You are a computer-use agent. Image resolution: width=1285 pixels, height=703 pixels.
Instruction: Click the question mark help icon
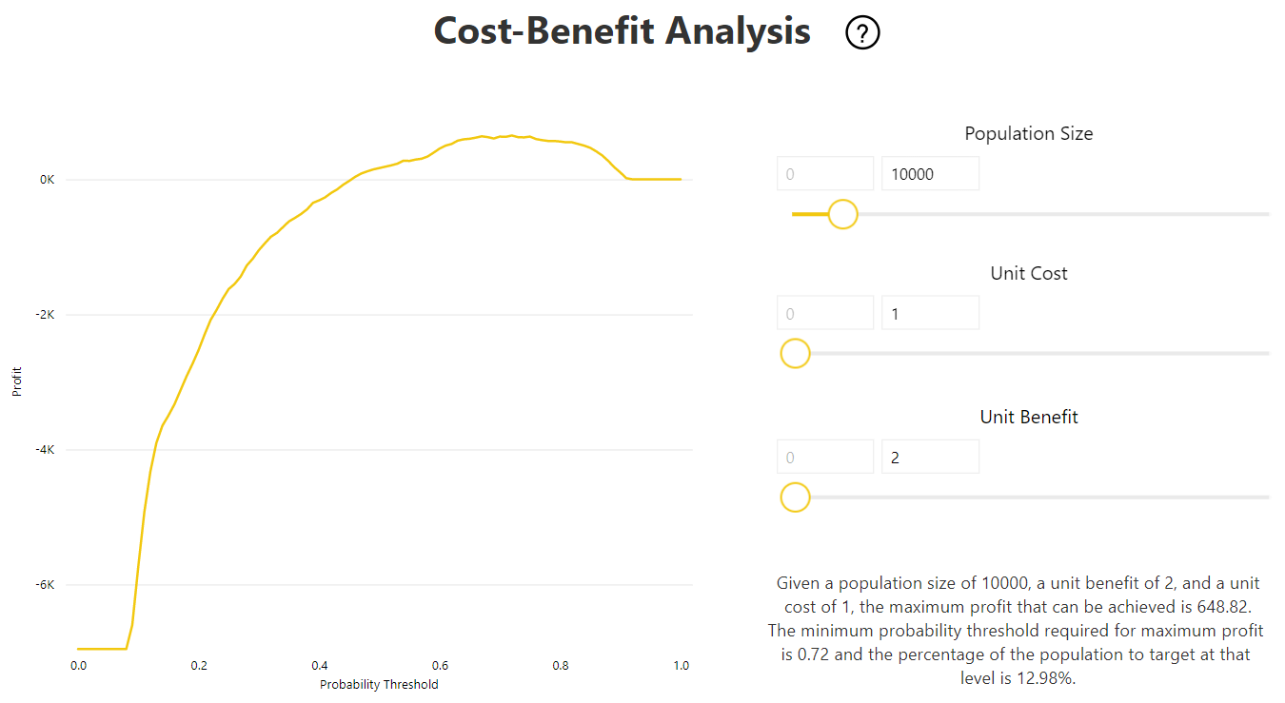click(862, 33)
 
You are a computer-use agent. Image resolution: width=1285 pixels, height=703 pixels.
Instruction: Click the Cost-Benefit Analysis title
click(622, 31)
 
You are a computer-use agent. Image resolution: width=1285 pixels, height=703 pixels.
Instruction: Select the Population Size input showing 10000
click(930, 174)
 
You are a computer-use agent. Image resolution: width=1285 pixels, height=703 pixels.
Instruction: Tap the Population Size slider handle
click(842, 214)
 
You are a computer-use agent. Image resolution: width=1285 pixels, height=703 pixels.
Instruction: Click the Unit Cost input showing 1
click(930, 313)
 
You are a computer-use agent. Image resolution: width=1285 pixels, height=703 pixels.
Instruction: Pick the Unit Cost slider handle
click(795, 354)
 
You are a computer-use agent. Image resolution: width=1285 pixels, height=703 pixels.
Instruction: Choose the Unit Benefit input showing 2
click(930, 457)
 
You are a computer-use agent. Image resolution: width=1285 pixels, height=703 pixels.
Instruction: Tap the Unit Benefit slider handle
click(795, 498)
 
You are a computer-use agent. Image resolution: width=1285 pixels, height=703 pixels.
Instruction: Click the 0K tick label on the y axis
click(47, 180)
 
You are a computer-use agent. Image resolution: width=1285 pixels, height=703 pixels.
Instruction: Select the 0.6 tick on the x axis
click(440, 666)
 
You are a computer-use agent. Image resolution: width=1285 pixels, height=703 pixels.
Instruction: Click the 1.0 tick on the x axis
click(681, 666)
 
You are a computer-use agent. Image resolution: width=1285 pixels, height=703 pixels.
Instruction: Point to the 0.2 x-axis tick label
click(199, 666)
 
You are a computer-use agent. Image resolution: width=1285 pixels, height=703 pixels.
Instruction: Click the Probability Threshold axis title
click(379, 684)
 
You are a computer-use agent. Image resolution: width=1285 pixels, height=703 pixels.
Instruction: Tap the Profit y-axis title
click(17, 383)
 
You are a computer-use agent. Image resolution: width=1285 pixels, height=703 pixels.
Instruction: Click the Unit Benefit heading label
click(1029, 417)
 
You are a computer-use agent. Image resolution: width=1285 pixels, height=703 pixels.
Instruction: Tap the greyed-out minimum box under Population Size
click(824, 174)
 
